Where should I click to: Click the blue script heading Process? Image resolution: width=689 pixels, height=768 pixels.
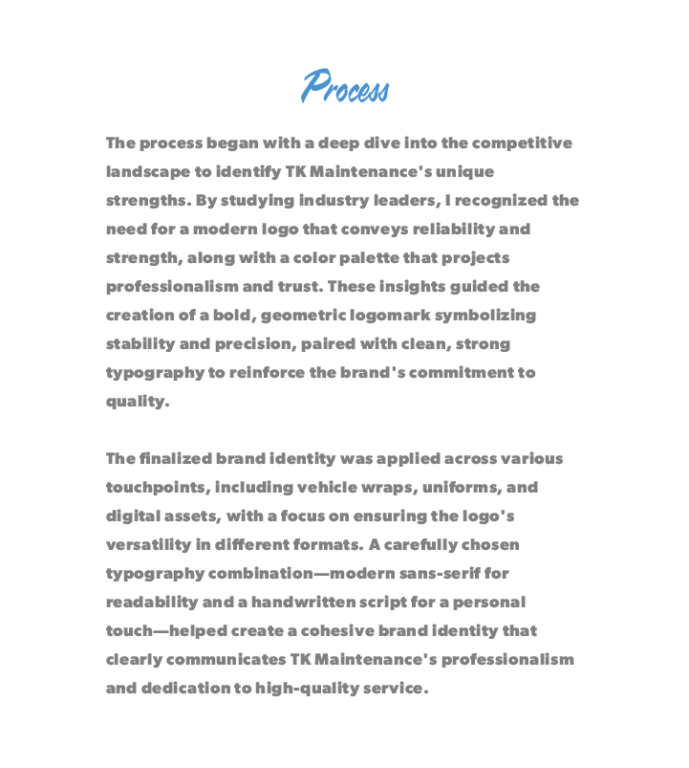tap(345, 87)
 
